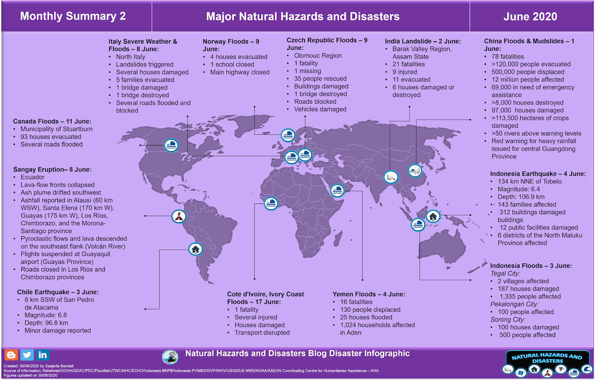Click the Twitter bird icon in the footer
point(27,355)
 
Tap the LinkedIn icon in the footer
point(43,355)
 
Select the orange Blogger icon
point(11,355)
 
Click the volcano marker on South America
point(179,216)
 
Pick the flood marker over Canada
point(171,145)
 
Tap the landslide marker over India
point(391,177)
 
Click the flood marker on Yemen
point(337,190)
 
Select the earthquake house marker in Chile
point(196,249)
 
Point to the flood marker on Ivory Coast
point(271,203)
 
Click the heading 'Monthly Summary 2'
point(73,16)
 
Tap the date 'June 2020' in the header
point(530,16)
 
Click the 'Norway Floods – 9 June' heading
point(231,45)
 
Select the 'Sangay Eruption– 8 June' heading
point(52,169)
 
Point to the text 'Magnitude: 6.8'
point(46,315)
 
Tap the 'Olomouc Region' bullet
point(318,55)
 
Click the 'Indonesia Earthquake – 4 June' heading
point(537,174)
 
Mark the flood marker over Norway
point(288,135)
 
